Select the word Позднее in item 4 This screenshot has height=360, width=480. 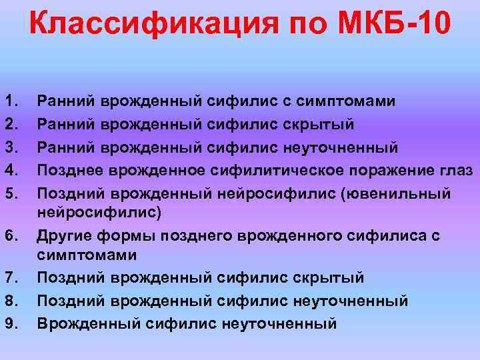[x=67, y=170]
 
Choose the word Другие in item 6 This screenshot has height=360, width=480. [x=63, y=235]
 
